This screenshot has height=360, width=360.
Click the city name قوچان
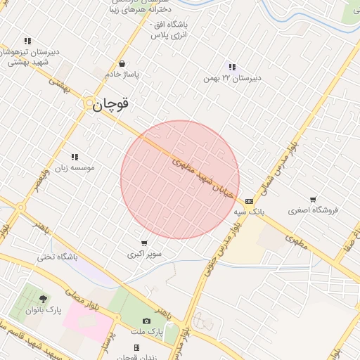coord(111,104)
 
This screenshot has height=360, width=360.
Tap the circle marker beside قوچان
coord(89,104)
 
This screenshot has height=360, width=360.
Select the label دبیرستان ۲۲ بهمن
coord(233,78)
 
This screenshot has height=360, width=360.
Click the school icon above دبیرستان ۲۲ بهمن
coord(231,67)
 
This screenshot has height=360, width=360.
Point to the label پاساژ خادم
coord(122,74)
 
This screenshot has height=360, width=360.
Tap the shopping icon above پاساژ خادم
coord(122,63)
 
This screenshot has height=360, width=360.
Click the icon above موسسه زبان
coord(74,157)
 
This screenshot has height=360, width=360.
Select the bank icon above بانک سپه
coord(249,200)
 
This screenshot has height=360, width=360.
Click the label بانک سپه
coord(249,211)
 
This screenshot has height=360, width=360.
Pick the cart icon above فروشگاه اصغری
coord(313,200)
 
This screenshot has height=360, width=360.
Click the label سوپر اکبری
coord(144,254)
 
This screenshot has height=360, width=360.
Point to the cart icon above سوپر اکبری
coord(144,243)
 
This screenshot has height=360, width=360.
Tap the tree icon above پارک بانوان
coord(44,299)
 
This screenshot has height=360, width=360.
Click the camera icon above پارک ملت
coord(147,321)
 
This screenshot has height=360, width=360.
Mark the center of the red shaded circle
coord(180,180)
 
